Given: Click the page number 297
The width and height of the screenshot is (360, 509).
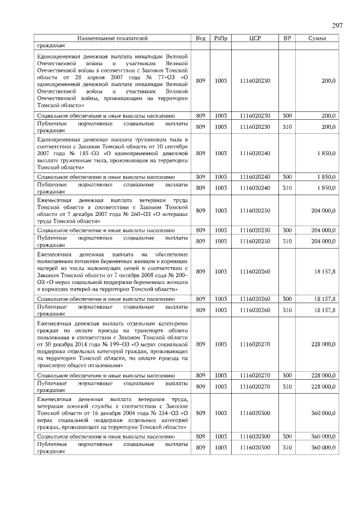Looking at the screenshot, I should pyautogui.click(x=337, y=26).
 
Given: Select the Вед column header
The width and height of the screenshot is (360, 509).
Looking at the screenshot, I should pyautogui.click(x=200, y=38).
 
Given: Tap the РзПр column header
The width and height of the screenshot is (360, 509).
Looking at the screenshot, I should pyautogui.click(x=220, y=38).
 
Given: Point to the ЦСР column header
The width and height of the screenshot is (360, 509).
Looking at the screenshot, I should pyautogui.click(x=255, y=38).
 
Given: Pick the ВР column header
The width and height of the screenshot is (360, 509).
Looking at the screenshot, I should pyautogui.click(x=287, y=38).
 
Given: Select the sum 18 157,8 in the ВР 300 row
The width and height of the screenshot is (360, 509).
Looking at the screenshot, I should pyautogui.click(x=325, y=299).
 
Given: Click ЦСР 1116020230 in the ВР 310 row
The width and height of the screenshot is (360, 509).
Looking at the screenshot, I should pyautogui.click(x=255, y=127).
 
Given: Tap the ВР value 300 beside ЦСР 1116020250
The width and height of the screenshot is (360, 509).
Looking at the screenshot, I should pyautogui.click(x=287, y=230).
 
